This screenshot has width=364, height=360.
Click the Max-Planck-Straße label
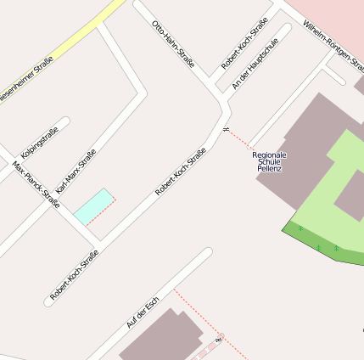click(x=36, y=184)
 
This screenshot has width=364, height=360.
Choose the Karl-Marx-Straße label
click(x=76, y=171)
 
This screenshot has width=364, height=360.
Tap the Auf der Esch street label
click(x=143, y=314)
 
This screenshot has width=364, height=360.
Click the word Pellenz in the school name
click(x=269, y=170)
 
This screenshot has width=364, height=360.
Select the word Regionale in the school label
click(x=270, y=155)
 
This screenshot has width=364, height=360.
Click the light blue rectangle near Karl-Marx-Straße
click(x=93, y=206)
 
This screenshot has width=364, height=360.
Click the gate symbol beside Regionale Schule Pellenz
click(x=227, y=129)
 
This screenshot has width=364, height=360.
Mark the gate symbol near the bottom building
click(x=219, y=339)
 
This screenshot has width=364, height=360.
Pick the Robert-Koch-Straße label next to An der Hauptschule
click(x=249, y=42)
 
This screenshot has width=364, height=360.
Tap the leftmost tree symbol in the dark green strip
click(x=300, y=229)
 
